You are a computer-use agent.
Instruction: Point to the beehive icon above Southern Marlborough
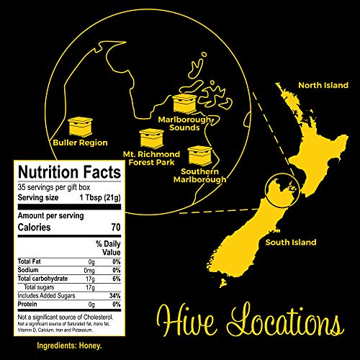(x=199, y=155)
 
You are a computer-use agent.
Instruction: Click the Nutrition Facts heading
(x=69, y=172)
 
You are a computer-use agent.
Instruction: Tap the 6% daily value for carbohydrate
(x=114, y=278)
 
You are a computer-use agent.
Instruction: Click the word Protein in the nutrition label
(x=31, y=304)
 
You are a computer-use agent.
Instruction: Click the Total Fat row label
(x=32, y=261)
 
